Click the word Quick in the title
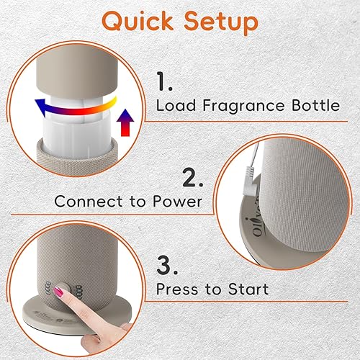click(137, 22)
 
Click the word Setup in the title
click(220, 22)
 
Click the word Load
click(177, 106)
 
